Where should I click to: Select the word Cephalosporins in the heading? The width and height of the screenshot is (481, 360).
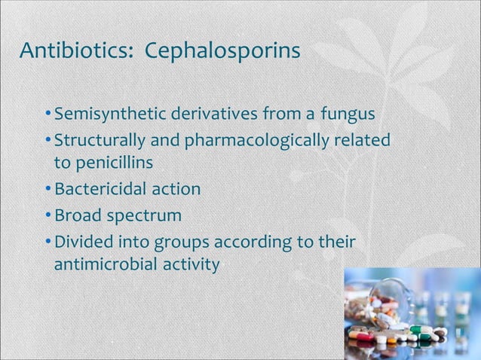pyautogui.click(x=222, y=52)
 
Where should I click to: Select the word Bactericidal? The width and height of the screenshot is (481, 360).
pyautogui.click(x=100, y=188)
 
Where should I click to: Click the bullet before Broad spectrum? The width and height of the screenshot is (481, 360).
pyautogui.click(x=48, y=216)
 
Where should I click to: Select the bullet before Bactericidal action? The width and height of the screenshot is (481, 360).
pyautogui.click(x=48, y=188)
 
